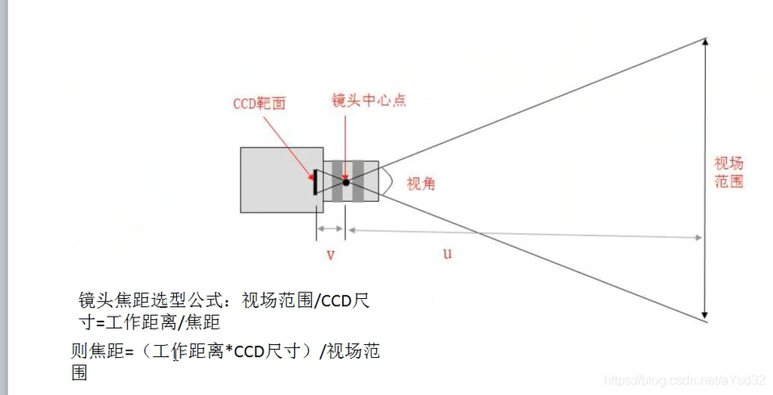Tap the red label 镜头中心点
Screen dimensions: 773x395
point(369,101)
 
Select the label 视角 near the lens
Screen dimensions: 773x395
point(420,183)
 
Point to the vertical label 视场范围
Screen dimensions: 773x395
point(729,171)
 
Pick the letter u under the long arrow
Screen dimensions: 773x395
point(447,254)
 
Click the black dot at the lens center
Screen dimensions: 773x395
point(346,182)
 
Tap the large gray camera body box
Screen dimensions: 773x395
point(276,179)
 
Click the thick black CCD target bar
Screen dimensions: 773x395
point(315,182)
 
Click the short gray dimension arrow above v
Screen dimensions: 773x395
point(330,229)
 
